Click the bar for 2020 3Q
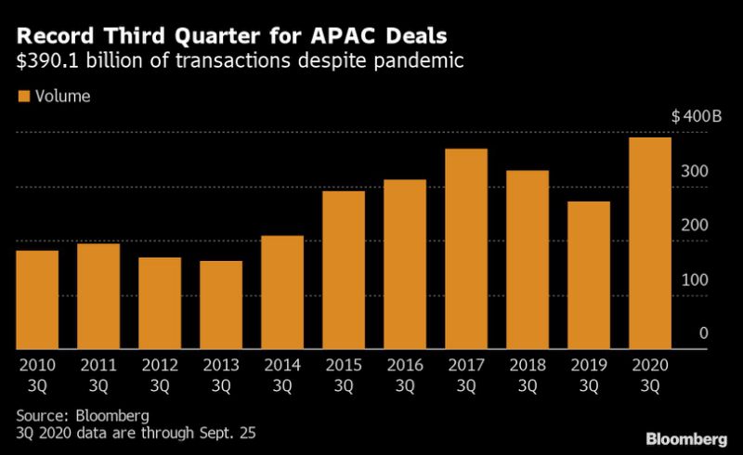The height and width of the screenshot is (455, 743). point(650,243)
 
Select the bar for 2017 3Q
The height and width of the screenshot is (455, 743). point(466,249)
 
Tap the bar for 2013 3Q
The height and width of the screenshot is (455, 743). point(221,305)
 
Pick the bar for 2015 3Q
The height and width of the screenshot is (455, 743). point(344,269)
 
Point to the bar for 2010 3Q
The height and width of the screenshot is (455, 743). point(37,299)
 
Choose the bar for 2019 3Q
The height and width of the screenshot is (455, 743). point(589,275)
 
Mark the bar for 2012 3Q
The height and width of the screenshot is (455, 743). point(160,303)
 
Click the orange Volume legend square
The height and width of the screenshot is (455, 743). point(23,96)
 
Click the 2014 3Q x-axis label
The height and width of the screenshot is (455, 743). point(282,373)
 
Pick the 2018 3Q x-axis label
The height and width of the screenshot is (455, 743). point(528,373)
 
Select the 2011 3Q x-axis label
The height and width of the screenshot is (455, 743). point(98,373)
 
